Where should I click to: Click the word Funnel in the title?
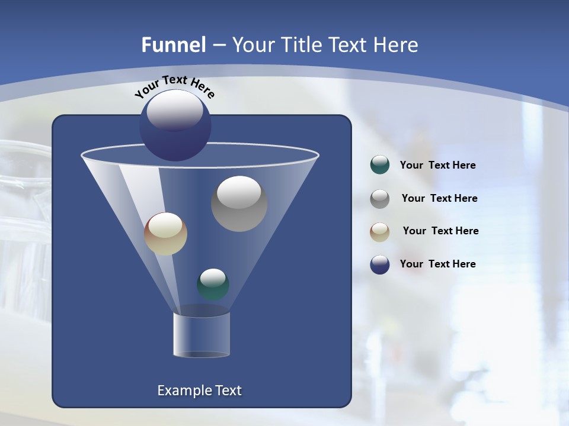tap(173, 45)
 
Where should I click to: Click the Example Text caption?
tap(199, 390)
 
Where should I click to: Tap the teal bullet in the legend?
tap(379, 165)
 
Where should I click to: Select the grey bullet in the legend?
tap(379, 198)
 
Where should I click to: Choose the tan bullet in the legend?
tap(379, 231)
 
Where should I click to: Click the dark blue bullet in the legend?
tap(379, 264)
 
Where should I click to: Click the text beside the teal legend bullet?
tap(437, 166)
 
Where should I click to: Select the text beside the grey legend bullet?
tap(439, 199)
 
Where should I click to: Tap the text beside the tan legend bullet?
tap(440, 231)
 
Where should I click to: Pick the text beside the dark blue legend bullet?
tap(437, 264)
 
